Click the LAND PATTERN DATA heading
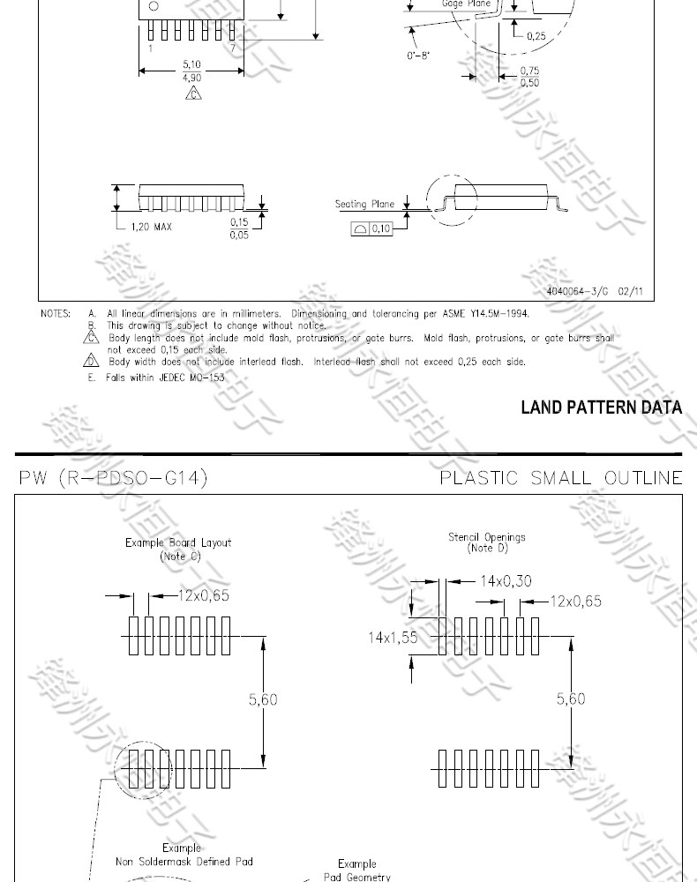coord(601,407)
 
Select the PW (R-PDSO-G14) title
coord(113,478)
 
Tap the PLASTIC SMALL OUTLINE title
coord(561,478)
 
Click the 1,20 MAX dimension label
coord(151,227)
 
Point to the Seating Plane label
coord(364,205)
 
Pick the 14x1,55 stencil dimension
coord(393,638)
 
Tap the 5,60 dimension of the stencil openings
coord(571,699)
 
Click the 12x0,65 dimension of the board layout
coord(203,595)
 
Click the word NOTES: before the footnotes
coord(56,313)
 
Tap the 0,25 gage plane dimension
coord(536,36)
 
